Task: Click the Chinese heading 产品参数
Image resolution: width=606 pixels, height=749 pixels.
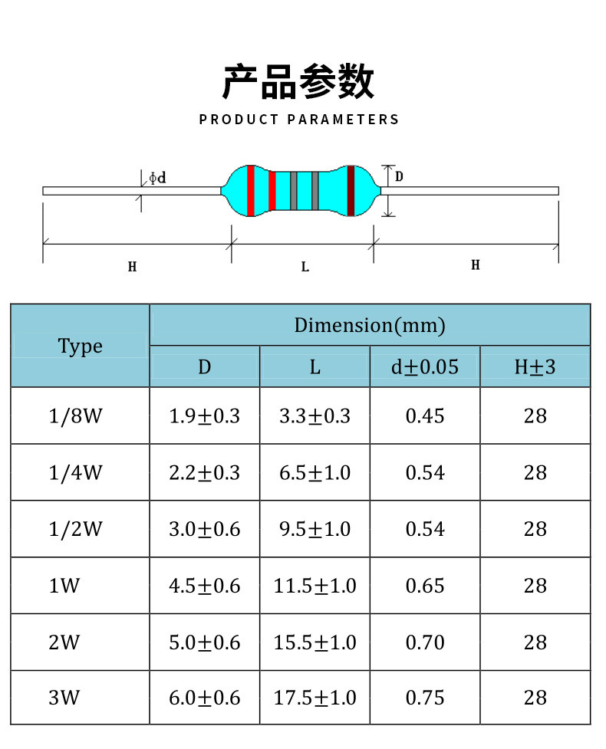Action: click(298, 83)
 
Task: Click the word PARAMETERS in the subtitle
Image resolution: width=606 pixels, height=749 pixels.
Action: click(344, 120)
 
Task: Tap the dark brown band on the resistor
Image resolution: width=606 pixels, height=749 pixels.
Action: click(351, 190)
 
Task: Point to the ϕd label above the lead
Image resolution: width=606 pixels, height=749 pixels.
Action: click(157, 178)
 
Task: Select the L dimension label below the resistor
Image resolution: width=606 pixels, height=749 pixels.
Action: click(305, 267)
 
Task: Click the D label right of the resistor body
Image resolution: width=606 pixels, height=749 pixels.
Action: click(399, 177)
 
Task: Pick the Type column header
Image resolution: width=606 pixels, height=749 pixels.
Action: click(80, 346)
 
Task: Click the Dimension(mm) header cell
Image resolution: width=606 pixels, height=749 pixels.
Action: click(370, 325)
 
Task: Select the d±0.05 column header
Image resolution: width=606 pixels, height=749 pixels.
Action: click(425, 366)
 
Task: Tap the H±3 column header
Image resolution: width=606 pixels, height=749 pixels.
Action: click(535, 366)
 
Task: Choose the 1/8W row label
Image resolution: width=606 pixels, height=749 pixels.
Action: click(75, 416)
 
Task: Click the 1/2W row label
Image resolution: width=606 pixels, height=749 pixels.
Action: click(75, 529)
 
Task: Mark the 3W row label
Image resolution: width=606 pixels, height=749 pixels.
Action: click(64, 698)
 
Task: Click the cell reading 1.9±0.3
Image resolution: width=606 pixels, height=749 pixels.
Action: click(204, 416)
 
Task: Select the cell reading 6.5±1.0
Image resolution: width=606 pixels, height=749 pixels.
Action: click(315, 472)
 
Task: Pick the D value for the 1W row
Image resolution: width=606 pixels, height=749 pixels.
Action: click(204, 586)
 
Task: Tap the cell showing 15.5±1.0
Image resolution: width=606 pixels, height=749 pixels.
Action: click(315, 642)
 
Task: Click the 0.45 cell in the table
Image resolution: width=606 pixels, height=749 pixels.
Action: click(425, 416)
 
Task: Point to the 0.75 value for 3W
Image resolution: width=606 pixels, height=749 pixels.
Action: click(425, 698)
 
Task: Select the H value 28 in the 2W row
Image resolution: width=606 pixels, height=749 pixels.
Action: click(535, 642)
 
